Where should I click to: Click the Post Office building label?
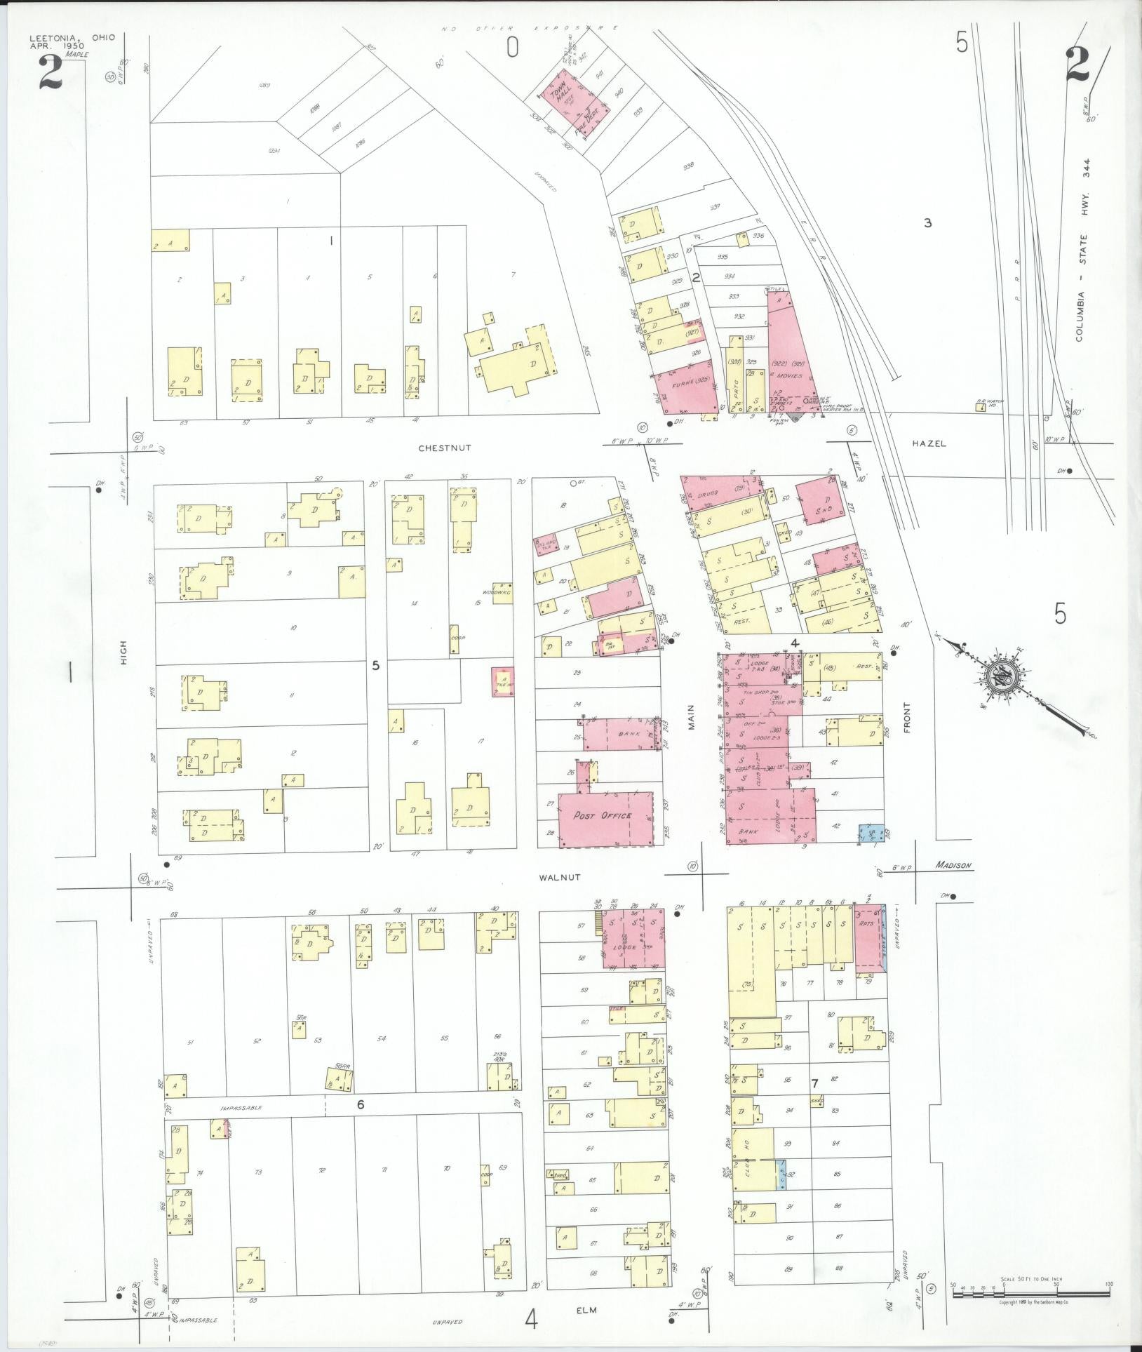[x=602, y=815]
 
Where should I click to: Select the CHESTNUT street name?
[x=445, y=448]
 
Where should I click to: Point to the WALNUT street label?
[x=560, y=877]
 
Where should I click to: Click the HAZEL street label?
[x=929, y=443]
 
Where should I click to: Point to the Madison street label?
[x=953, y=865]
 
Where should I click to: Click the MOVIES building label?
[x=790, y=376]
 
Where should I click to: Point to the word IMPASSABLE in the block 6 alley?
[x=241, y=1108]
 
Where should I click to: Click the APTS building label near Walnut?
[x=866, y=923]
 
